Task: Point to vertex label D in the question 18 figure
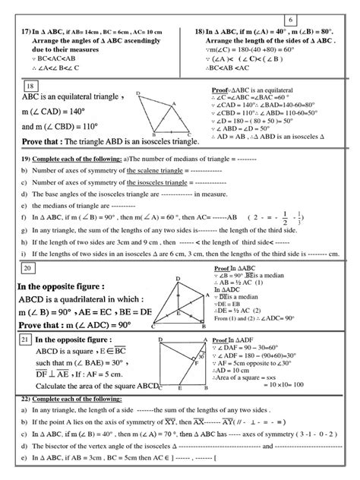coord(138,93)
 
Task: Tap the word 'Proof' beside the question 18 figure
coord(220,90)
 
